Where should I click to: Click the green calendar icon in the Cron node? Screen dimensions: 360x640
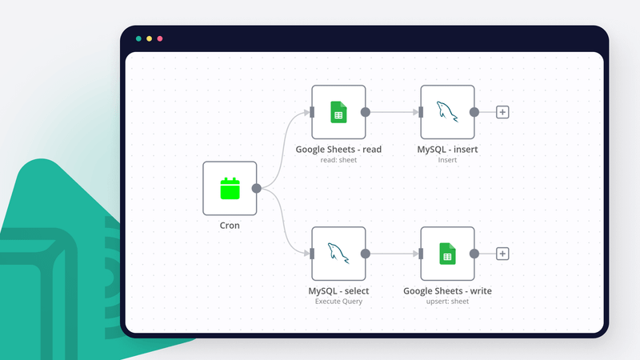[230, 189]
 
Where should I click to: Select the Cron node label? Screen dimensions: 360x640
[230, 226]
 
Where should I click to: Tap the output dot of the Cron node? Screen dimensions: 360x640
[257, 189]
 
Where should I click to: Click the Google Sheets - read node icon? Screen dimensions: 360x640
[338, 112]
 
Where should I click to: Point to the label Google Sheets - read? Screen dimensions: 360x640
[338, 149]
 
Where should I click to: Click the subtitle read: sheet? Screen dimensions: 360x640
[338, 160]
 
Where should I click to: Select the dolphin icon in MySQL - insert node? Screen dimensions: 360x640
[447, 112]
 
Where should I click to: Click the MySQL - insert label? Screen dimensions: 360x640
[447, 149]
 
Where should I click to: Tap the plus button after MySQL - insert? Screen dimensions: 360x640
[502, 112]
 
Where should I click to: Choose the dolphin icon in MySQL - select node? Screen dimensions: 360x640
[338, 254]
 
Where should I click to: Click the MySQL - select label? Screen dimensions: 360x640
[338, 290]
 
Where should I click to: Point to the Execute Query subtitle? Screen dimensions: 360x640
[338, 302]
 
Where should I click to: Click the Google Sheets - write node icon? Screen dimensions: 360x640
[447, 254]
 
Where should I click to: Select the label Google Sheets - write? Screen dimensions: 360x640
[447, 290]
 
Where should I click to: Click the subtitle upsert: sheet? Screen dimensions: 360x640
[447, 302]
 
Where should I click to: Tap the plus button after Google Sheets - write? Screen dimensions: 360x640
[502, 254]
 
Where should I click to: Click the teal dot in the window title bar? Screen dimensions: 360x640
[139, 38]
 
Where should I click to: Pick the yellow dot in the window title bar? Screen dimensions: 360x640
[150, 38]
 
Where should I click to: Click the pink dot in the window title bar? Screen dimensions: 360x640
[160, 38]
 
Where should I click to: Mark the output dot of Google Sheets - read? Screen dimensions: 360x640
[366, 112]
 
